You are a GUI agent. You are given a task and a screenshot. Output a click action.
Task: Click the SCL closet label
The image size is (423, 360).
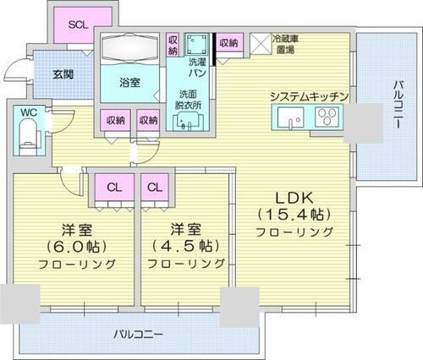coord(79,25)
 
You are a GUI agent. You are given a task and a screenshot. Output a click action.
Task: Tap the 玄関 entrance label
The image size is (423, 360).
coord(61,74)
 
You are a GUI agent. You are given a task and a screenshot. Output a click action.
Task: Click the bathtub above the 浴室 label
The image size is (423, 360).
coord(129,49)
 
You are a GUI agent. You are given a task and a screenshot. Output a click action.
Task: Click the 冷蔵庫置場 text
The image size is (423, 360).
coord(283,44)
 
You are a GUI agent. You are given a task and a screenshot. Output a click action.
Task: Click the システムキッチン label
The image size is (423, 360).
coord(309,96)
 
